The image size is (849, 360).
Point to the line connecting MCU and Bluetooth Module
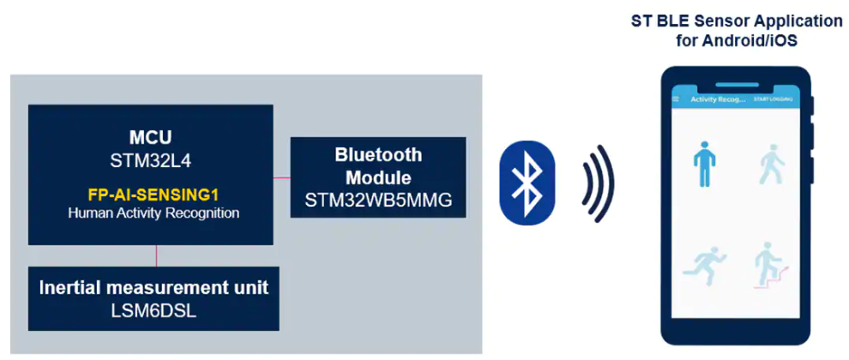pos(282,179)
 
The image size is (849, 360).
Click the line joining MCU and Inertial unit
pos(155,256)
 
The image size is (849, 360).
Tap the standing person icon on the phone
pos(703,165)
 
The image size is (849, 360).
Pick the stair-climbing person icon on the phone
pos(768,265)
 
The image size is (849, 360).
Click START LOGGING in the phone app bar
pos(773,99)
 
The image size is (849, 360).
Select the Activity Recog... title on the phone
pos(718,99)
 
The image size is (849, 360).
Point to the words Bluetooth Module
pos(378,166)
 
